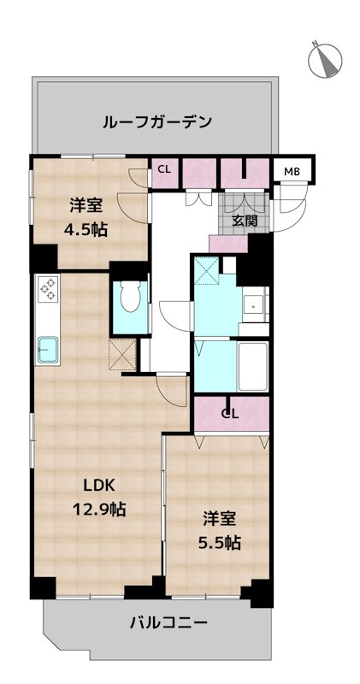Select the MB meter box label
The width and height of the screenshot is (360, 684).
click(x=292, y=171)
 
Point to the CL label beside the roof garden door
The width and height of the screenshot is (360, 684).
click(x=163, y=169)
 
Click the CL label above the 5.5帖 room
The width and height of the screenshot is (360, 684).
click(x=229, y=415)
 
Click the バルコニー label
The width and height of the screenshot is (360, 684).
click(x=168, y=623)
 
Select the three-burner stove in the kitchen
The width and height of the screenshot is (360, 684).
click(x=47, y=290)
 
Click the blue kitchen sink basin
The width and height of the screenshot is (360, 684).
click(x=48, y=349)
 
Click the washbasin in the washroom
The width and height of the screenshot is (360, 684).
click(x=255, y=305)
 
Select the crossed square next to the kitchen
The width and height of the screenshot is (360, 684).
click(x=121, y=352)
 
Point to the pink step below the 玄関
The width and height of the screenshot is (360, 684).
click(x=227, y=242)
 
